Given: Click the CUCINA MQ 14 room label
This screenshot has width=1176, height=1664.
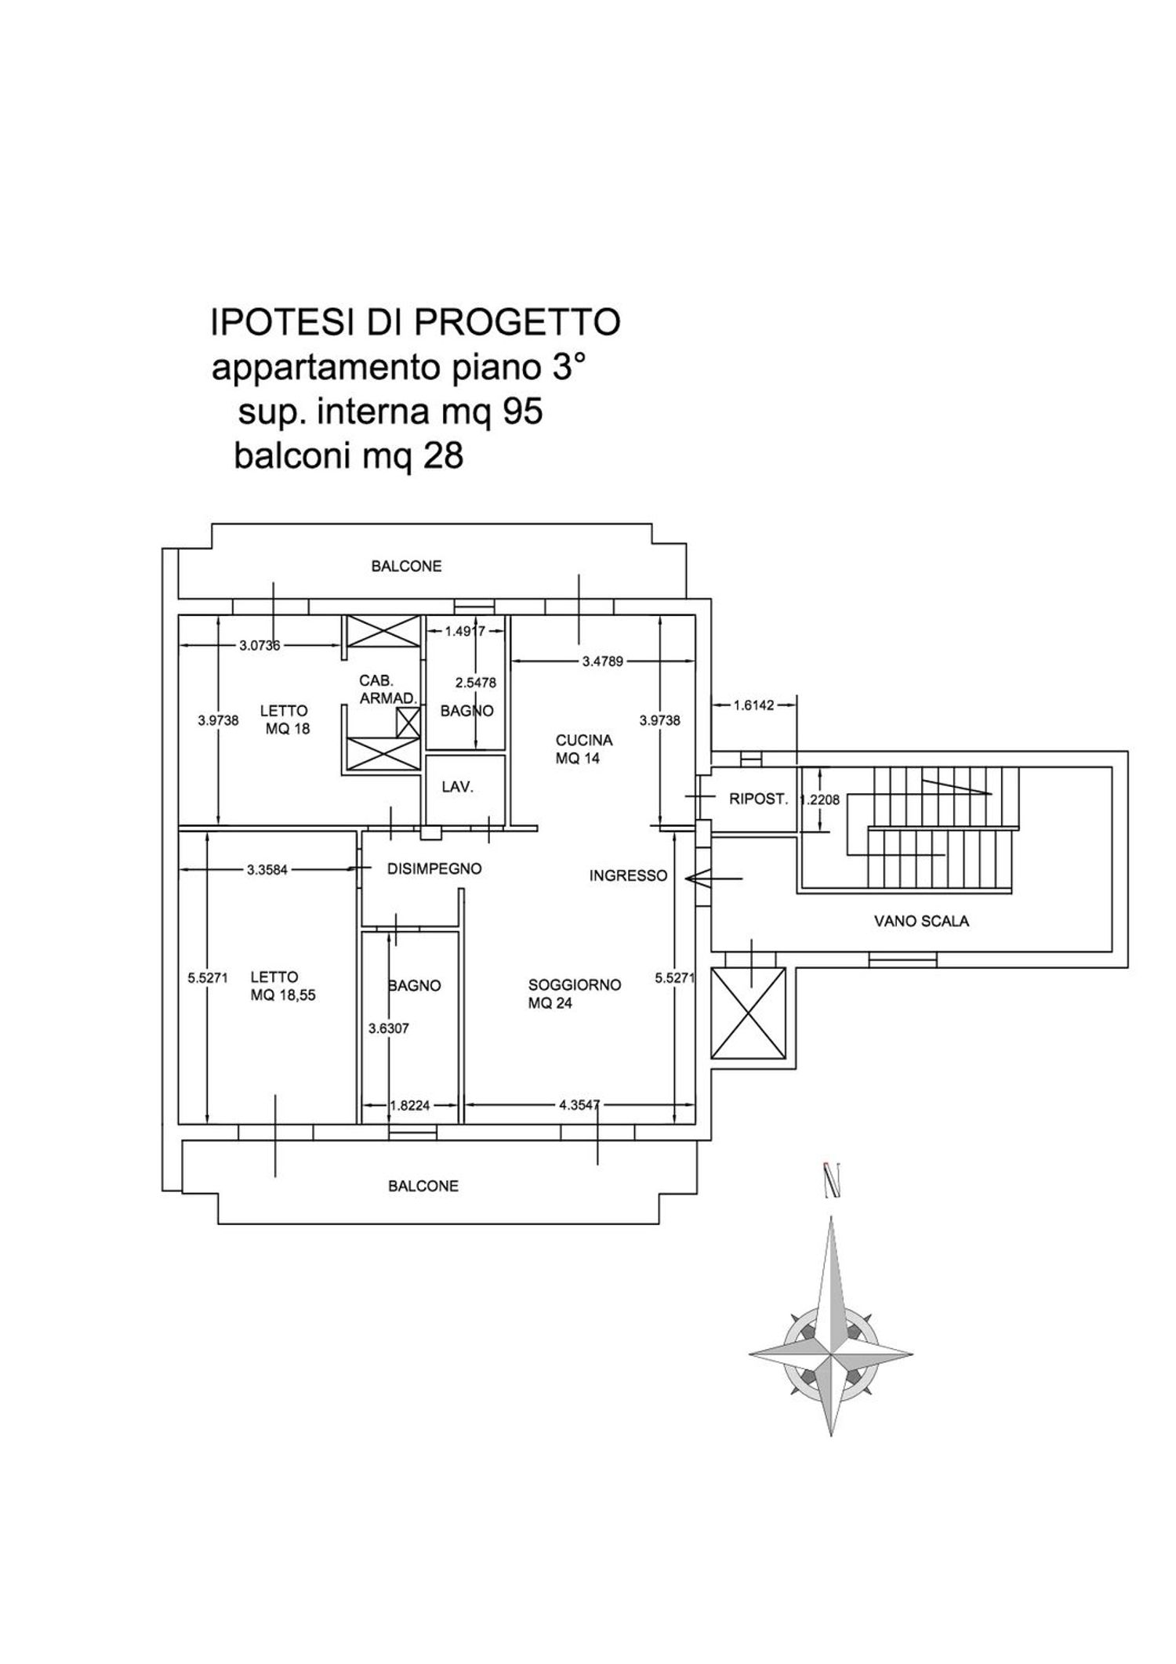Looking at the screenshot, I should coord(583,749).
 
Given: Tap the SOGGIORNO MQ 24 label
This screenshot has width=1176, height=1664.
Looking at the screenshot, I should coord(574,994).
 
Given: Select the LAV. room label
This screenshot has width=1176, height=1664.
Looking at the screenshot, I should coord(457,787).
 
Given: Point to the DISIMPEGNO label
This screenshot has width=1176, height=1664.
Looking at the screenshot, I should coord(434,869).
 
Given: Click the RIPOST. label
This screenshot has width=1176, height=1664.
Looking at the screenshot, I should coord(757,799).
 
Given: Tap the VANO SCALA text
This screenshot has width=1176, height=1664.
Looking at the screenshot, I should coord(921,922).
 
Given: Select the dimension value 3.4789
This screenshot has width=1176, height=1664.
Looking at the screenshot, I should coord(602,662).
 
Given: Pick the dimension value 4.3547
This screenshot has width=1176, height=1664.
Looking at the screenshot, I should coord(579,1105).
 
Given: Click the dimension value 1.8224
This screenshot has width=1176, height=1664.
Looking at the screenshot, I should coord(410,1106).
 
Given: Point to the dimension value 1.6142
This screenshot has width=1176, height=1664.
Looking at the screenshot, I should coord(753,705).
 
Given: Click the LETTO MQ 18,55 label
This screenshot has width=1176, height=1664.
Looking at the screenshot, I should coord(282,986).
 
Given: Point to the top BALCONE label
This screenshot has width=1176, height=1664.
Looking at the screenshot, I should coord(406,566).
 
